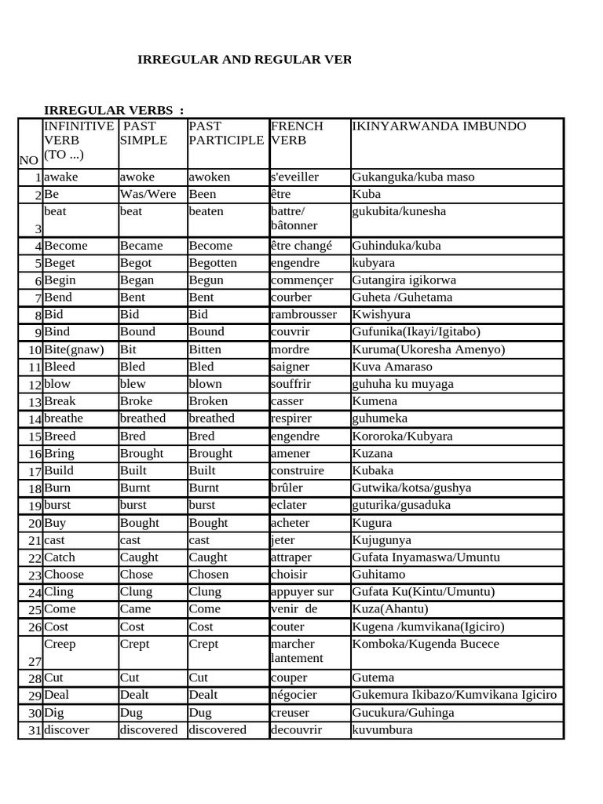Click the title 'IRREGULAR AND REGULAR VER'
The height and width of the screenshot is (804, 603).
click(x=244, y=60)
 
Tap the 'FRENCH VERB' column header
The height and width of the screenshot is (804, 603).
click(x=296, y=133)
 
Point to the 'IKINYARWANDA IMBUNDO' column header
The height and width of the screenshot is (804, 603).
click(x=439, y=126)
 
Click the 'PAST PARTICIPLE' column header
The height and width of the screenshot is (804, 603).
click(x=226, y=133)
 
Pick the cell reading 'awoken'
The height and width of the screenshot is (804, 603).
click(x=209, y=177)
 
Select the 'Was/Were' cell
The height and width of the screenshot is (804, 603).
click(x=148, y=194)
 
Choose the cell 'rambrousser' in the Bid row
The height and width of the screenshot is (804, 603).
click(x=303, y=315)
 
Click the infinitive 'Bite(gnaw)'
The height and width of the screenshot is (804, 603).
click(x=74, y=349)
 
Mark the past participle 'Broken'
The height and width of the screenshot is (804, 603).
click(x=210, y=401)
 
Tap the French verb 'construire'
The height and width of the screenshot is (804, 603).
click(x=297, y=470)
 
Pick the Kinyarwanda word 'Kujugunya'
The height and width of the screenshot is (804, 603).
click(x=382, y=540)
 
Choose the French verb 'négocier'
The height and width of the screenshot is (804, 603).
click(x=294, y=695)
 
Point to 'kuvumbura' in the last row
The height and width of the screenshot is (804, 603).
click(x=382, y=729)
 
